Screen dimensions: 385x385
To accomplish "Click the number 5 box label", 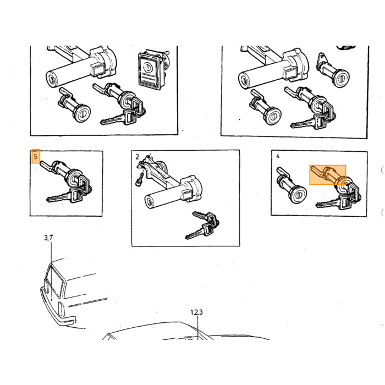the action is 36,156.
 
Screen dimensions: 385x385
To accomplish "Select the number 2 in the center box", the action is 137,156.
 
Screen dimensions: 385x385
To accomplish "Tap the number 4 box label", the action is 278,156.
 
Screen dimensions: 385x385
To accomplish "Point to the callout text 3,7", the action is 48,238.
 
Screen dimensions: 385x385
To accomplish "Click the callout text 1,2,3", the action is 197,312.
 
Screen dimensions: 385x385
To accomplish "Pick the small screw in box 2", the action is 140,179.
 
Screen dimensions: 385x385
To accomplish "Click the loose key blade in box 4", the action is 327,204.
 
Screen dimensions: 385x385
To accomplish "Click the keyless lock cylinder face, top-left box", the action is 82,114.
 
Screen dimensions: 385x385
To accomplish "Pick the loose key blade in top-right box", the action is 302,124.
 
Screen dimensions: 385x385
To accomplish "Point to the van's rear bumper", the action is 57,311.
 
